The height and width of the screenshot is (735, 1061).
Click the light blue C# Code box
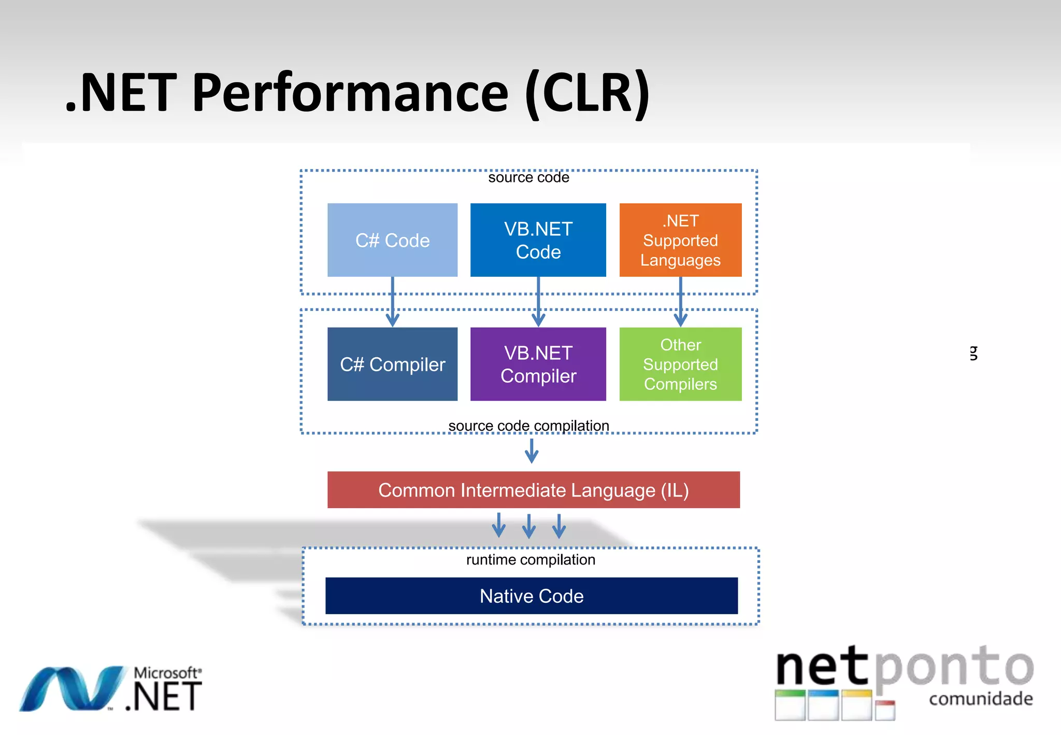point(392,240)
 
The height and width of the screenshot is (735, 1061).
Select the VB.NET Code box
point(538,240)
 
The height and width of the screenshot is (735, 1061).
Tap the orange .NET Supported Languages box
point(680,240)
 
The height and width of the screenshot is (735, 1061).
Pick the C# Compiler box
point(392,364)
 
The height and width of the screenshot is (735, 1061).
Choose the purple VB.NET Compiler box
point(538,364)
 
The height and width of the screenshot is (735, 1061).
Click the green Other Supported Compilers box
point(680,364)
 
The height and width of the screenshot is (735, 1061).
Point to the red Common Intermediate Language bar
point(533,490)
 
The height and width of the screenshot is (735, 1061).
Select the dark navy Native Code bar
point(531,596)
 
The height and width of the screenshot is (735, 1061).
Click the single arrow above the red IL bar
point(532,451)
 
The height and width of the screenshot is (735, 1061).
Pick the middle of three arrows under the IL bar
point(529,526)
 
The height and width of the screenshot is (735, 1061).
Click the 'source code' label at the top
point(528,178)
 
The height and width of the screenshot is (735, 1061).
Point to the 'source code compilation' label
point(528,426)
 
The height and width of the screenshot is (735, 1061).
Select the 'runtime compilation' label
point(530,560)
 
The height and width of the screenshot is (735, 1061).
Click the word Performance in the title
point(350,93)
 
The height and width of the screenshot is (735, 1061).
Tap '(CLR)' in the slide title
point(587,93)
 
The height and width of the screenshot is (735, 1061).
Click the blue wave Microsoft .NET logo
point(73,688)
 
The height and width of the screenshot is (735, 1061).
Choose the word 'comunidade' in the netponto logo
point(981,699)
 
